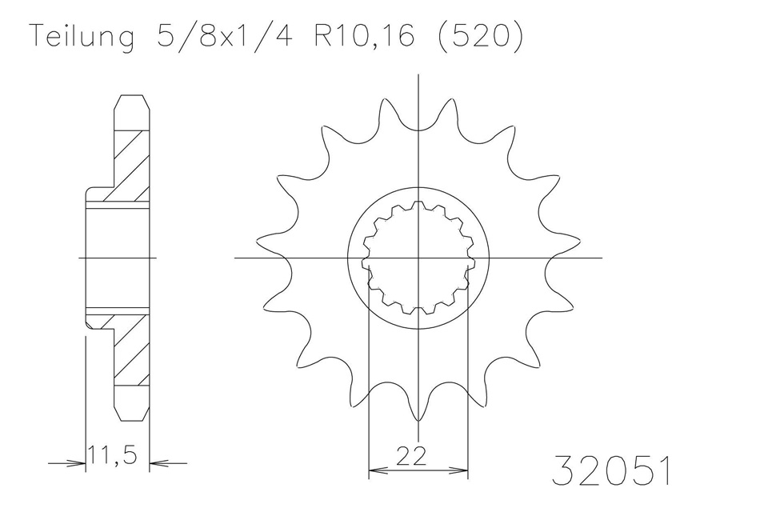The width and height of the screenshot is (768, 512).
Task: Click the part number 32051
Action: [x=611, y=472]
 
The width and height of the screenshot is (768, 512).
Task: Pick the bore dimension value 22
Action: [x=410, y=455]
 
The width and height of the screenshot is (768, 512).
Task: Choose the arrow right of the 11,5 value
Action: [x=158, y=462]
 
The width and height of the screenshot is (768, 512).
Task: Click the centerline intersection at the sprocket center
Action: [x=418, y=258]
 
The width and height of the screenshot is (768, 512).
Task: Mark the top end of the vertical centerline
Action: [x=418, y=75]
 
